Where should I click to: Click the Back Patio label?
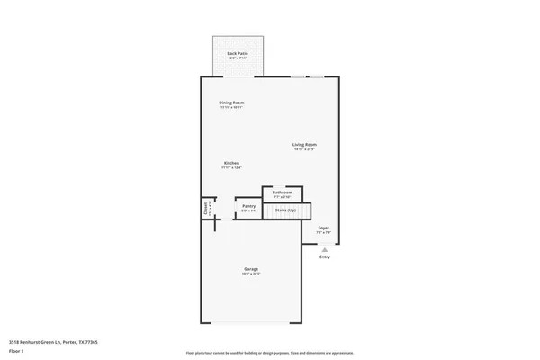[237, 53]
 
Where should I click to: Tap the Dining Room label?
[231, 103]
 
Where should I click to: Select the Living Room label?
[304, 144]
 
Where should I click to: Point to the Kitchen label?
[231, 163]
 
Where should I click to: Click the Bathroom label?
[282, 192]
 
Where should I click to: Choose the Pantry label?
[249, 206]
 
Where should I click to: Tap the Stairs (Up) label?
[286, 211]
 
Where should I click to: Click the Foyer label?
[324, 228]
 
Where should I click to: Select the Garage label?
[251, 269]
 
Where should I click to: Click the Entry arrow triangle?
[324, 249]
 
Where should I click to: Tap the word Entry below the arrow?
[324, 257]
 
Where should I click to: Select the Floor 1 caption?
[16, 351]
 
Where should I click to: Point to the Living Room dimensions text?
[304, 149]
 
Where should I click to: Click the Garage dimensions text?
[251, 274]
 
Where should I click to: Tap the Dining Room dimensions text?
[231, 108]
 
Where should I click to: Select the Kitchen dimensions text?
[231, 168]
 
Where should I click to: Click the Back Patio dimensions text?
[237, 58]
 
